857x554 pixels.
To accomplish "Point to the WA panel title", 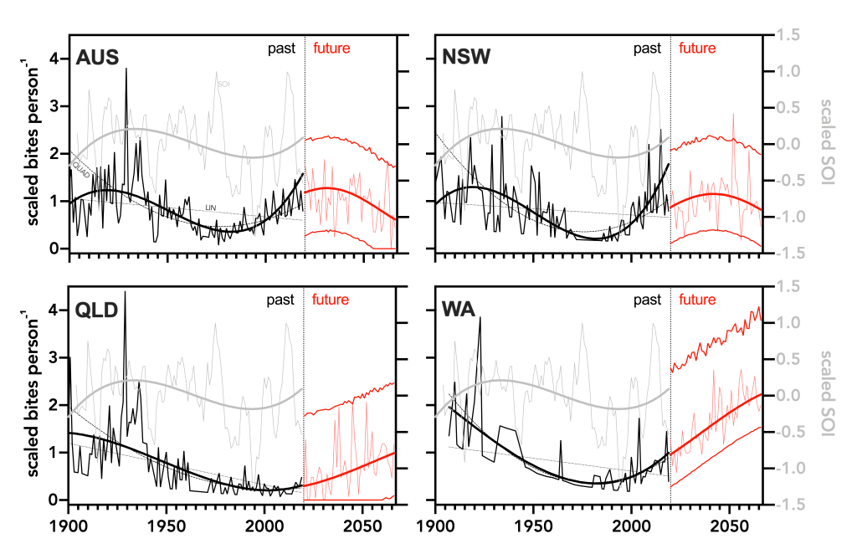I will [x=459, y=310].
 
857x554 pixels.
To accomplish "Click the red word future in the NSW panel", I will [x=697, y=49].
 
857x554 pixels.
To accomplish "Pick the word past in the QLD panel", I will [x=281, y=300].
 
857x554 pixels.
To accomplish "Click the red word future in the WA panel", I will [x=697, y=300].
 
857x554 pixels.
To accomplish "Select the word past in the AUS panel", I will [x=281, y=49].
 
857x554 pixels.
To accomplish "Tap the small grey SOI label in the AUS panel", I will [x=223, y=85].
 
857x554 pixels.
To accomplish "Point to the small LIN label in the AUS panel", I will [x=212, y=208].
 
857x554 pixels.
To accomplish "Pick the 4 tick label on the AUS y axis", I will [x=55, y=59].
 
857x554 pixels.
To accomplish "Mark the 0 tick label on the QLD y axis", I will [x=55, y=500].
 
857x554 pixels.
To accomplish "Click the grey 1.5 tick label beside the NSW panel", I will [x=789, y=35].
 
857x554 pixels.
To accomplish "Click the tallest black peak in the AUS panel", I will [x=126, y=69].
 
